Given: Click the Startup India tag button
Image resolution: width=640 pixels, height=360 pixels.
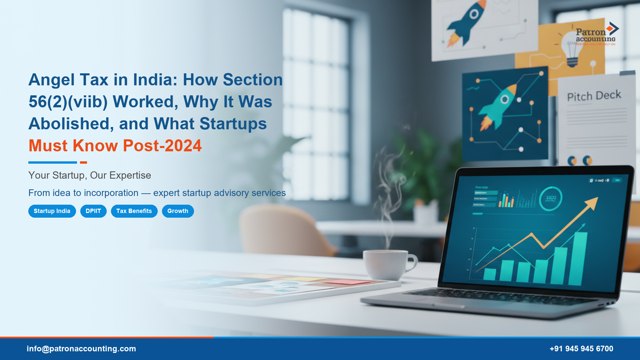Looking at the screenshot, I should [x=52, y=211].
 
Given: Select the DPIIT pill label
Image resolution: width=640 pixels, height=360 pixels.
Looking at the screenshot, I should [x=93, y=211].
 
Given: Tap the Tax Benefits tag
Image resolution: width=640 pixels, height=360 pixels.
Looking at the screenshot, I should [x=134, y=211].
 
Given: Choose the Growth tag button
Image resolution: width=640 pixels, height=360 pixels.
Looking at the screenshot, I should [x=178, y=211].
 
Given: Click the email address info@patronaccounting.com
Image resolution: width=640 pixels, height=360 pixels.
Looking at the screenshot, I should [x=81, y=349].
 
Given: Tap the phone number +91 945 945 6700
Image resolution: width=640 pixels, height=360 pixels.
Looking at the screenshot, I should [x=581, y=349].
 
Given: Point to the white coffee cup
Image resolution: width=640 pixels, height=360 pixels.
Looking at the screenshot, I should [x=387, y=265].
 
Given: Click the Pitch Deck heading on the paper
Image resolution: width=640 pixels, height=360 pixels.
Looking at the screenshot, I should [x=594, y=96].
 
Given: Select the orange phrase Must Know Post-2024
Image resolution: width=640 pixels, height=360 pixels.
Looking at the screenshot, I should [x=115, y=146].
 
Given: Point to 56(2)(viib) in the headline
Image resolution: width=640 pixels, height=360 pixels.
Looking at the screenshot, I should [x=68, y=102].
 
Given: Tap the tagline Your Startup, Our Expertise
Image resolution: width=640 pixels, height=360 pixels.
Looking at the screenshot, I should [x=90, y=175].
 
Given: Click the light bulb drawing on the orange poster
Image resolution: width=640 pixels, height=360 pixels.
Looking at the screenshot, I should [x=572, y=50].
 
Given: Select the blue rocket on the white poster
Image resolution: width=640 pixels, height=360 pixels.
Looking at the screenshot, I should [x=465, y=23].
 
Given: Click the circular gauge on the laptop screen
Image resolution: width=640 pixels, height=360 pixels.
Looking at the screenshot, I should [x=550, y=199].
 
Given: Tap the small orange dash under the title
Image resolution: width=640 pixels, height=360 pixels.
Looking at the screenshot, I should [x=83, y=163].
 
